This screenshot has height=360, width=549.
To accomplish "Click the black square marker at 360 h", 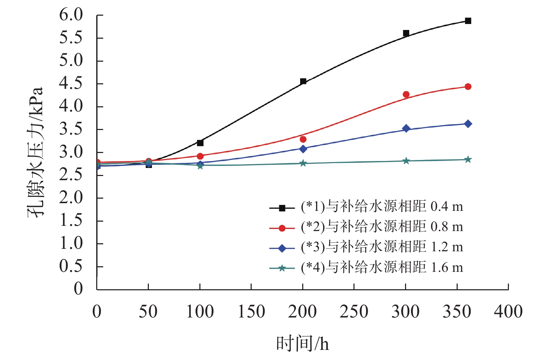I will click(x=468, y=21).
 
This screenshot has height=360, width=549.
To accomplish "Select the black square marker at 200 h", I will click(x=303, y=81).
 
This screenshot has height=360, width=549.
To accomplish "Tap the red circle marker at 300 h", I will click(x=406, y=94).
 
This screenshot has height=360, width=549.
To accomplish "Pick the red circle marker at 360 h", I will click(x=468, y=86).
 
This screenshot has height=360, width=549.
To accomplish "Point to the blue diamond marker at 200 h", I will click(x=303, y=149).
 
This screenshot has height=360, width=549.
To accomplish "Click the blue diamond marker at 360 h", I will click(x=468, y=124).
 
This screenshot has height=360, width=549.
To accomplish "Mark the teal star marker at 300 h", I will click(x=406, y=161).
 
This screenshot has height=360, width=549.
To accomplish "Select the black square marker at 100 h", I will click(x=200, y=143).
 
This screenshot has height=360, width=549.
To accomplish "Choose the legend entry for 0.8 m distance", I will click(x=366, y=227).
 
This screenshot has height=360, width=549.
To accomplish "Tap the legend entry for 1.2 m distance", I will click(x=366, y=247).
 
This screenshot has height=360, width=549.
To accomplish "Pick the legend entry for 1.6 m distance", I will click(x=366, y=268).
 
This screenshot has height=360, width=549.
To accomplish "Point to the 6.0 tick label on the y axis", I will click(x=71, y=15).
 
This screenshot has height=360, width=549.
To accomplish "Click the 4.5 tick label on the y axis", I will click(x=71, y=84).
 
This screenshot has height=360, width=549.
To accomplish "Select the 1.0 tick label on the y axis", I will click(x=71, y=243).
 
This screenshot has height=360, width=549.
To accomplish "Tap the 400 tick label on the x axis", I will click(x=508, y=312).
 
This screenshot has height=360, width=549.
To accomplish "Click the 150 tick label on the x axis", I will click(x=251, y=312).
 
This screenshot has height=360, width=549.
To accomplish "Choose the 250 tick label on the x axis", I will click(x=354, y=312).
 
